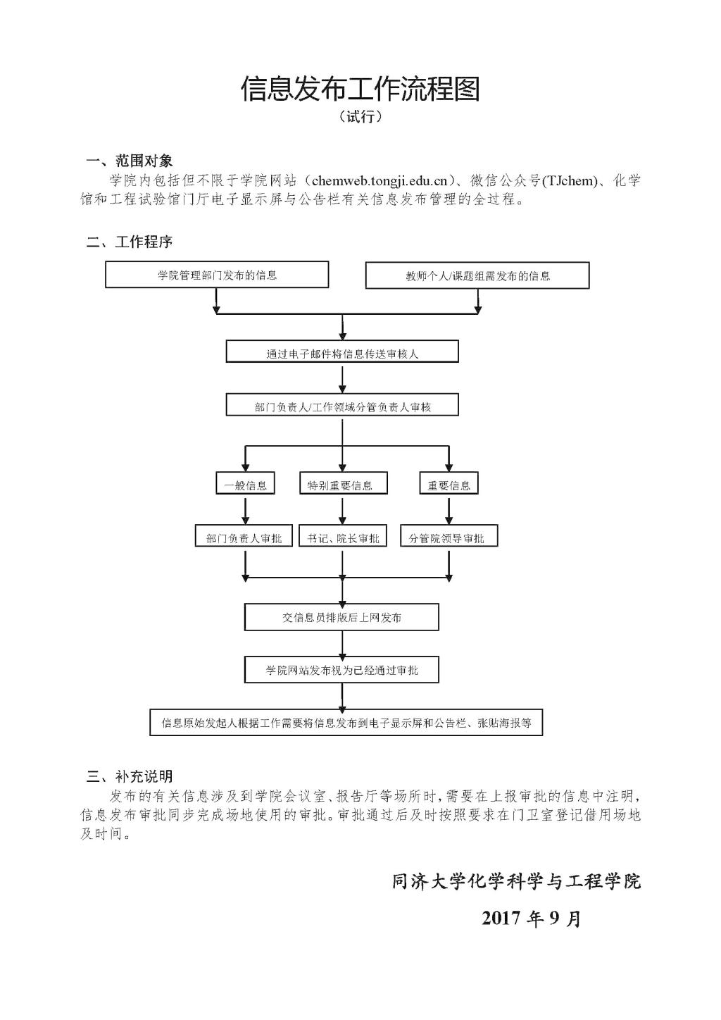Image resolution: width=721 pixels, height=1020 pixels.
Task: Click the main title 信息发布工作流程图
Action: tap(360, 89)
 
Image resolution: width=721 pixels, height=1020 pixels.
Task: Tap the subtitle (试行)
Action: tap(360, 117)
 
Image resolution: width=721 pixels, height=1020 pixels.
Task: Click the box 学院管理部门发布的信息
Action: tap(217, 275)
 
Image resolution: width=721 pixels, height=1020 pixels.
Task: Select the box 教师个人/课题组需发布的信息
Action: tap(477, 275)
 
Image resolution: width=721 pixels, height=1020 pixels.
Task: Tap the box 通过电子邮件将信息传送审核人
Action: tap(342, 352)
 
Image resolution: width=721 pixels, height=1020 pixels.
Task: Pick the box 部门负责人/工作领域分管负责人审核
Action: tap(342, 406)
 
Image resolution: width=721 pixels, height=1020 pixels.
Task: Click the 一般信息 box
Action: tap(245, 484)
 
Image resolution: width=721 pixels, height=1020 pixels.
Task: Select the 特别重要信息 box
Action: tap(340, 484)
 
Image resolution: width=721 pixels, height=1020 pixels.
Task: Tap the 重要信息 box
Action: tap(449, 484)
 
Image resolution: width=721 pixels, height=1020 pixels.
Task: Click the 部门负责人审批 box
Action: tap(244, 537)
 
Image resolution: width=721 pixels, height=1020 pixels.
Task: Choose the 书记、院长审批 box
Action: tap(343, 537)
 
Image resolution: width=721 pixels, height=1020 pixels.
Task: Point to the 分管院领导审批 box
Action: tap(448, 537)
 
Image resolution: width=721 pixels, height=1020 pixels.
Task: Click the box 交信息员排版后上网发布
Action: tap(341, 617)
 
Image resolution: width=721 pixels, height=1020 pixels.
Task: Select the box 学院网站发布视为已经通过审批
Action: tap(341, 669)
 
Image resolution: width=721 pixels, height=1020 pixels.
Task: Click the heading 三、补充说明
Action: tap(129, 777)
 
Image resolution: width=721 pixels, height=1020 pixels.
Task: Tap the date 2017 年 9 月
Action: tap(532, 918)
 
